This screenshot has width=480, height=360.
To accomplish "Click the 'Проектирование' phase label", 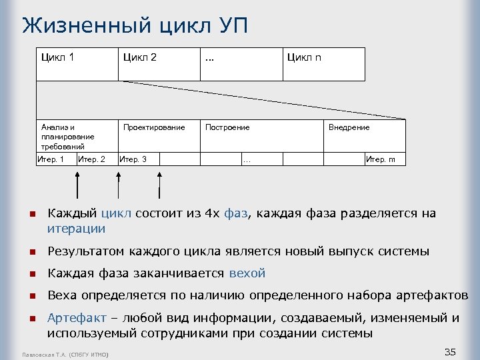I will tap(154, 127).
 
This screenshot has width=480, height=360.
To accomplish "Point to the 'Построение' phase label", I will tap(227, 127).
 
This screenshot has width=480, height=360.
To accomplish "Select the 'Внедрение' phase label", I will tap(349, 127).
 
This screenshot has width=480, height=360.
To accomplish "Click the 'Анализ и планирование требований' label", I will tap(67, 137).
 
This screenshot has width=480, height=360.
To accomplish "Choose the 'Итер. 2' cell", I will tap(91, 159).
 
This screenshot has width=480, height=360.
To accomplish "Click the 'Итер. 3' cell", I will tap(133, 159).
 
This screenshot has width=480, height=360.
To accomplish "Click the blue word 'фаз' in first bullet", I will tap(234, 213).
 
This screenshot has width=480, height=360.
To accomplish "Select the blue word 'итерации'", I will tap(76, 229).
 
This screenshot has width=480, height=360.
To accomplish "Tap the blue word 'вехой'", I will tap(247, 273).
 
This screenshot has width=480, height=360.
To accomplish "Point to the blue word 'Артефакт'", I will tap(73, 318).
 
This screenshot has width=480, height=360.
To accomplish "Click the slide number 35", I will tap(450, 351).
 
